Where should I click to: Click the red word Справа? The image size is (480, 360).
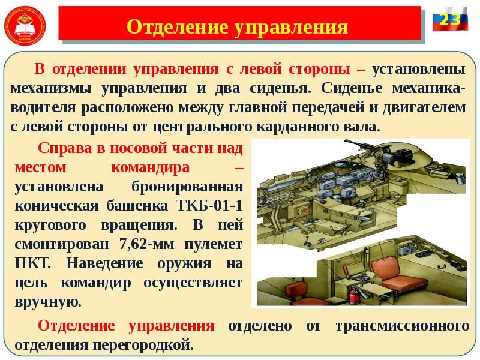click(62, 148)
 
